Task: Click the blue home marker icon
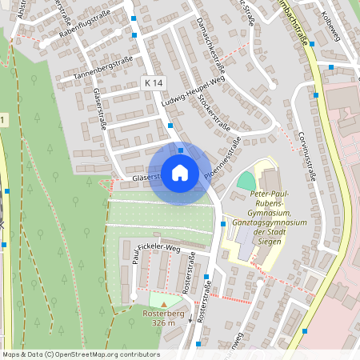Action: click(x=180, y=173)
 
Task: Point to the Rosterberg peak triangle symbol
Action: click(x=165, y=303)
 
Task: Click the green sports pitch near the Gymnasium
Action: click(x=246, y=181)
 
